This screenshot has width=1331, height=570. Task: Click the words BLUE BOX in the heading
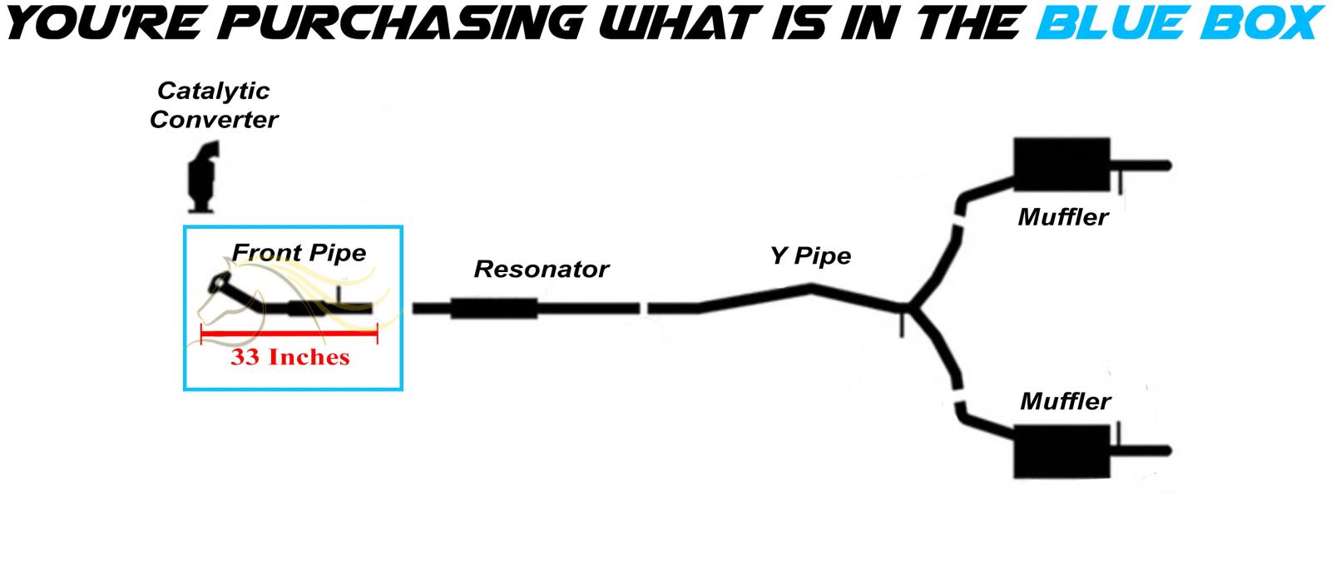point(1177,22)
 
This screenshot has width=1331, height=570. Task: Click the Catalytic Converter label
point(214,105)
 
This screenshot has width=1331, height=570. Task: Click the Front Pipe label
point(299,252)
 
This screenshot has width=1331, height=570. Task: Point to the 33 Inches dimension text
point(289,357)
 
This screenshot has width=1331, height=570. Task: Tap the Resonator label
point(541,269)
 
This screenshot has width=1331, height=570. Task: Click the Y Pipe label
point(810,255)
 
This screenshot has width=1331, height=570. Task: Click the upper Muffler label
point(1063,217)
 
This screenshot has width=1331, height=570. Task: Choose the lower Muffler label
point(1065,401)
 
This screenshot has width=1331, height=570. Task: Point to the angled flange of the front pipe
point(221,283)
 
